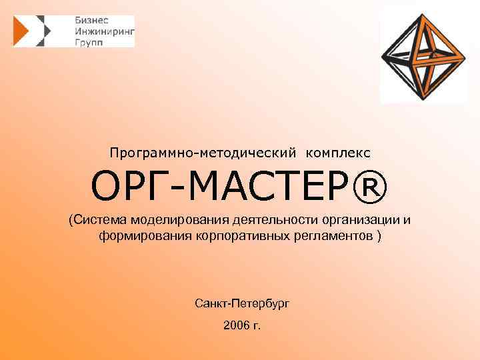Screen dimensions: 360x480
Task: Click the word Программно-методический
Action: click(205, 153)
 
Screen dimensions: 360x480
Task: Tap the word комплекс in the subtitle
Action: click(338, 153)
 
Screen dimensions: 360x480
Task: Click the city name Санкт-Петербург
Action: click(243, 303)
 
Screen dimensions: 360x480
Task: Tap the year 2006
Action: click(235, 326)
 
